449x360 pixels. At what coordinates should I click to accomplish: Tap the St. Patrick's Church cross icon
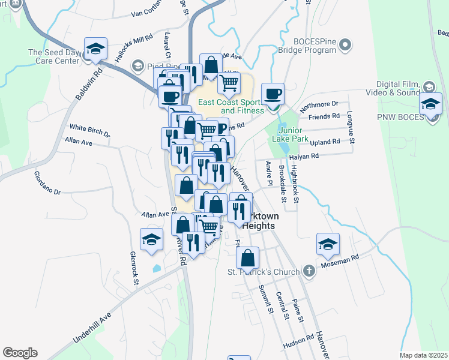click(x=309, y=271)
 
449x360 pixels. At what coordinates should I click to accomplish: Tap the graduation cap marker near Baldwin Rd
click(x=95, y=50)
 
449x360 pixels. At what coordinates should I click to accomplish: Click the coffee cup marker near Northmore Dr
click(x=273, y=95)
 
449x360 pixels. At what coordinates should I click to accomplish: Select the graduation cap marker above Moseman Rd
click(x=328, y=244)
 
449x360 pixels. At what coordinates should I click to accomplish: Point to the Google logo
click(x=20, y=353)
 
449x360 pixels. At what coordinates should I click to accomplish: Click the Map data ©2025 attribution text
click(x=423, y=355)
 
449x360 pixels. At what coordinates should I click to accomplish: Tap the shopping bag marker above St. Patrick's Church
click(x=247, y=258)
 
